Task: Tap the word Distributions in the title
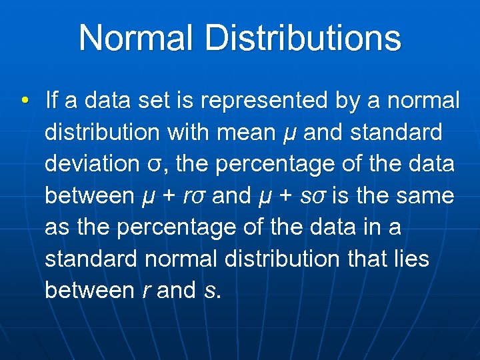[x=303, y=38]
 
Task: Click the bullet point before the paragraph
[x=24, y=101]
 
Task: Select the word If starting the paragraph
[x=51, y=101]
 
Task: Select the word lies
[x=411, y=259]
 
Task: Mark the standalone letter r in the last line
[x=146, y=291]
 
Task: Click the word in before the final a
[x=369, y=227]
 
